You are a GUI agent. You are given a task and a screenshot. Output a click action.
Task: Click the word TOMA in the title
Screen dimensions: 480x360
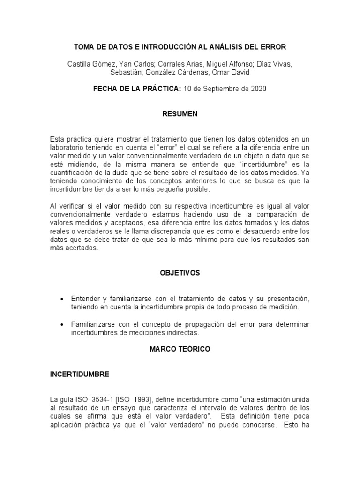tap(85, 47)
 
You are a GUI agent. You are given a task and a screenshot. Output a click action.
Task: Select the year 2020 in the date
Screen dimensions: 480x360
tap(258, 89)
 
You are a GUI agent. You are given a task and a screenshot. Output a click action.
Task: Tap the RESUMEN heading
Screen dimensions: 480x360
tap(180, 114)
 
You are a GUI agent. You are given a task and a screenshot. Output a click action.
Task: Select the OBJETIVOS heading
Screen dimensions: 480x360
tap(180, 273)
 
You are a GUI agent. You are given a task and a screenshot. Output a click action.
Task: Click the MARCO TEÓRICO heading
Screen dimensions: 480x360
tap(180, 349)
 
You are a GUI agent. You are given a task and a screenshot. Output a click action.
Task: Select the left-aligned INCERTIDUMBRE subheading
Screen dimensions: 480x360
tap(79, 374)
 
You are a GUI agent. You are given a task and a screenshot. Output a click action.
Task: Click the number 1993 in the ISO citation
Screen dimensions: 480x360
tap(140, 399)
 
